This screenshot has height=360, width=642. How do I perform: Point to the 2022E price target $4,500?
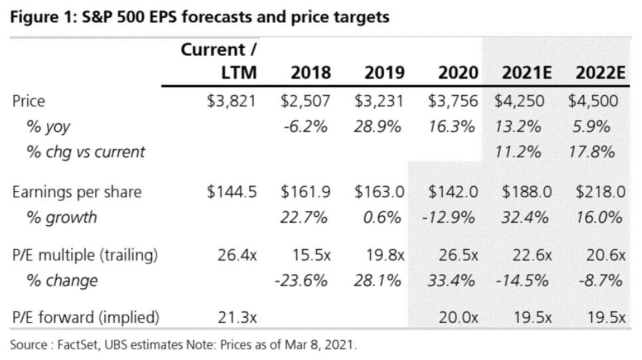tap(596, 101)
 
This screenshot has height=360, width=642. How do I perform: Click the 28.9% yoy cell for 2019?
tap(379, 126)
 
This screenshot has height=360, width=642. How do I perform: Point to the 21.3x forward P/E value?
tap(237, 317)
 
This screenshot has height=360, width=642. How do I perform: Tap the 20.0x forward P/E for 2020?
tap(459, 317)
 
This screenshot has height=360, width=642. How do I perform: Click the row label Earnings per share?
tap(77, 192)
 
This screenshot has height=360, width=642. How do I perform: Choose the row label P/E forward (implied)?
tap(86, 317)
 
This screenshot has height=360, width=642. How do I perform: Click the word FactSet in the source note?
tap(74, 345)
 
